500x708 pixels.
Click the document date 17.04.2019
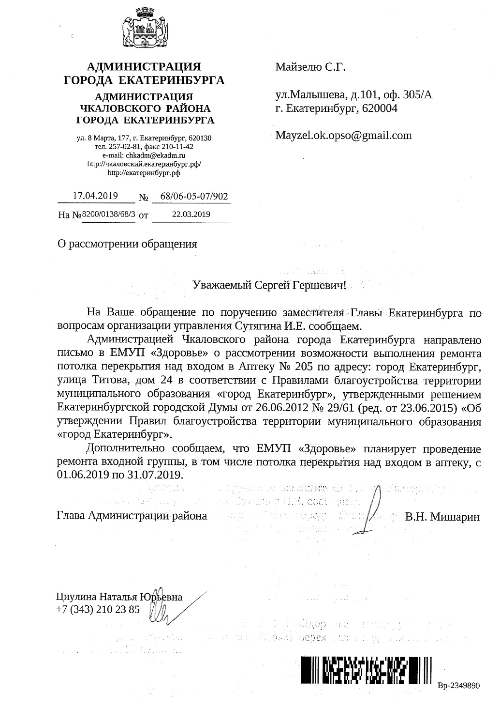pyautogui.click(x=95, y=196)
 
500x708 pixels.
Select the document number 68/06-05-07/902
pyautogui.click(x=191, y=197)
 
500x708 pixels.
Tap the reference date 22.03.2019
pyautogui.click(x=191, y=214)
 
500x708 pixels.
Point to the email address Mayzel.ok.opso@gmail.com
pyautogui.click(x=343, y=136)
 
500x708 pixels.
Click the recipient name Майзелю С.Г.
pyautogui.click(x=310, y=67)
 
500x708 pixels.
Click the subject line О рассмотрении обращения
pyautogui.click(x=127, y=244)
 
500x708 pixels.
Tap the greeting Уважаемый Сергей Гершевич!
pyautogui.click(x=269, y=285)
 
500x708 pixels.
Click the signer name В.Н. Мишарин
pyautogui.click(x=443, y=517)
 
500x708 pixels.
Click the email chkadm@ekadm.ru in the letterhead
pyautogui.click(x=156, y=155)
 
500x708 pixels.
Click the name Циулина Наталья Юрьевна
pyautogui.click(x=119, y=597)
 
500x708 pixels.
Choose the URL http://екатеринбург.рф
pyautogui.click(x=144, y=172)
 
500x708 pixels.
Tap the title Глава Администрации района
pyautogui.click(x=132, y=516)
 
